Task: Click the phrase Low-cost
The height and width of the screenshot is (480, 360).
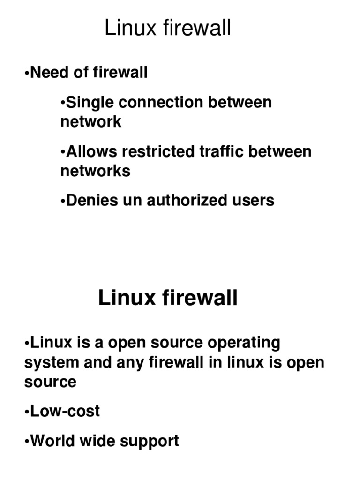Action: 65,411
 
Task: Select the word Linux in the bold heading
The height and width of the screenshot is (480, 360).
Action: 126,298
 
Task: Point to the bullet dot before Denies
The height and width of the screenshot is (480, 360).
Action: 63,201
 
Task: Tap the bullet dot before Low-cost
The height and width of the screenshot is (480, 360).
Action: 26,412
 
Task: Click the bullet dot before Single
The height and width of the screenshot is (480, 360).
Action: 63,103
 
